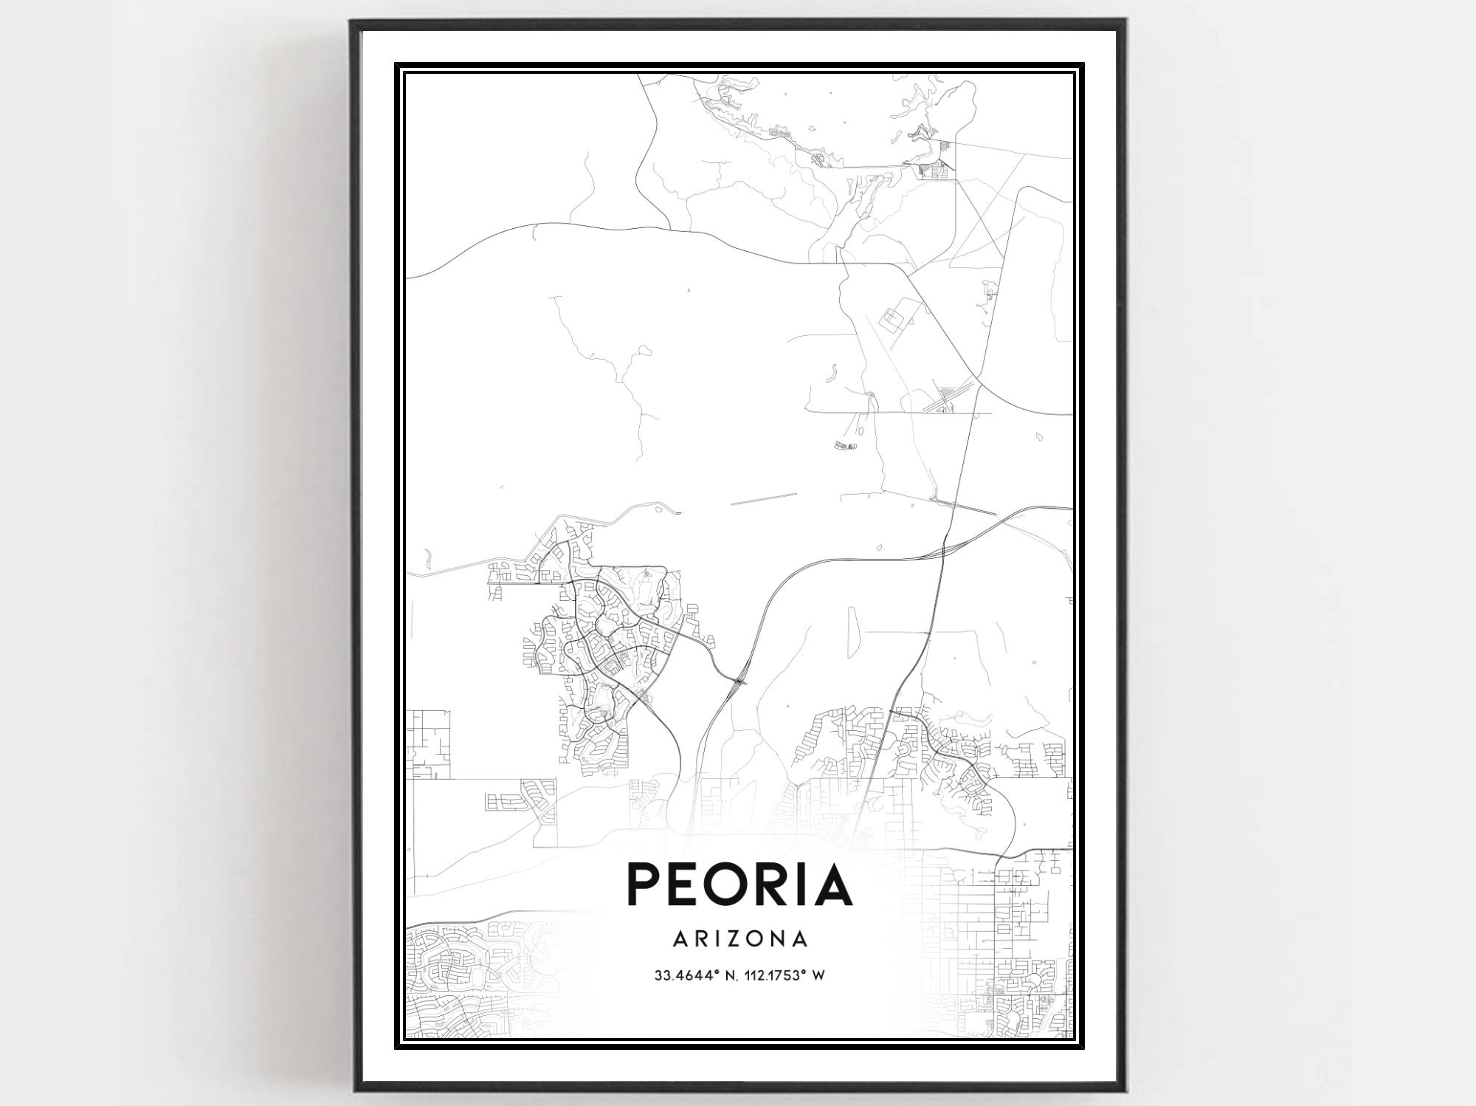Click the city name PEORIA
coord(739,885)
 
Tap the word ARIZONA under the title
coord(740,939)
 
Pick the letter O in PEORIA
coord(732,885)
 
